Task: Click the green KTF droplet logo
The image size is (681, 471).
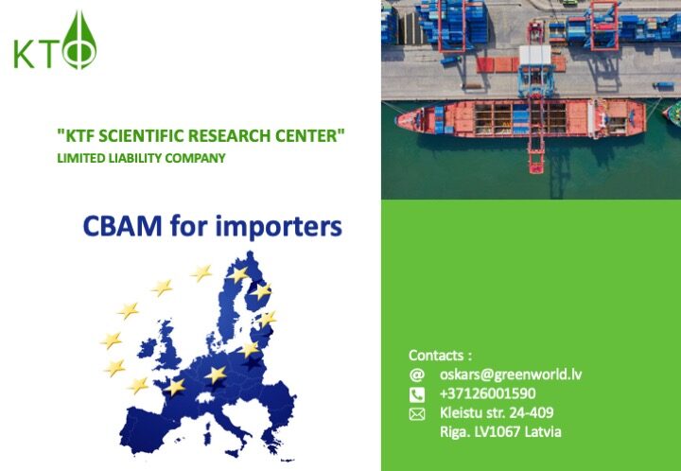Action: click(x=55, y=41)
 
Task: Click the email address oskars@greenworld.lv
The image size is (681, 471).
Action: click(x=511, y=375)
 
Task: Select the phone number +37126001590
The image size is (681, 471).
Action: click(x=487, y=393)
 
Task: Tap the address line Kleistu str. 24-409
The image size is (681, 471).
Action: click(x=497, y=412)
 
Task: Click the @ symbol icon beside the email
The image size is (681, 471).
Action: click(x=416, y=375)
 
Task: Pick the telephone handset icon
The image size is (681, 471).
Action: click(x=416, y=394)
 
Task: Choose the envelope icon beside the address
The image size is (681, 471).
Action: click(x=416, y=414)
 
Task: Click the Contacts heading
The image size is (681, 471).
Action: click(x=440, y=356)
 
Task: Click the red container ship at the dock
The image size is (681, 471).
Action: click(x=520, y=117)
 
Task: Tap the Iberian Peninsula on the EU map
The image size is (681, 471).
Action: click(x=145, y=428)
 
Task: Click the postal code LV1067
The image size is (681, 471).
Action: click(x=498, y=432)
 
